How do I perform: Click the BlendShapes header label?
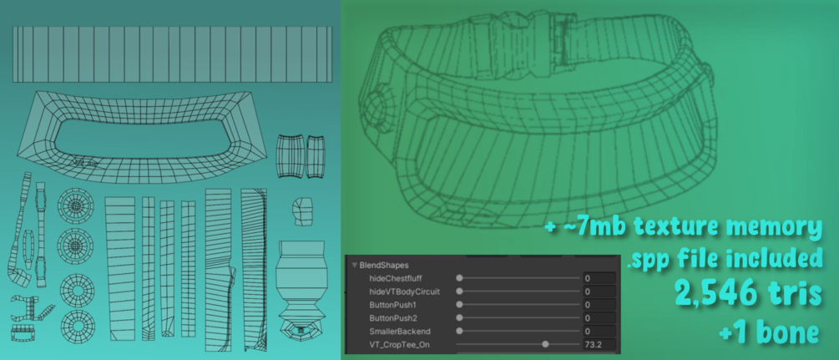coord(384,265)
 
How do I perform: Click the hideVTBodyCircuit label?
coord(405,292)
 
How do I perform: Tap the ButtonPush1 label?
coord(392,305)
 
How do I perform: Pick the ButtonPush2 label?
coord(393,318)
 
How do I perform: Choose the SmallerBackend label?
coord(400,332)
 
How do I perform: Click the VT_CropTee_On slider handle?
coord(545,344)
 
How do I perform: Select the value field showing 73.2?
coord(599,344)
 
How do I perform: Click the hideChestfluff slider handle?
coord(459,279)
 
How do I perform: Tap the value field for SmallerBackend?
coord(599,332)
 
